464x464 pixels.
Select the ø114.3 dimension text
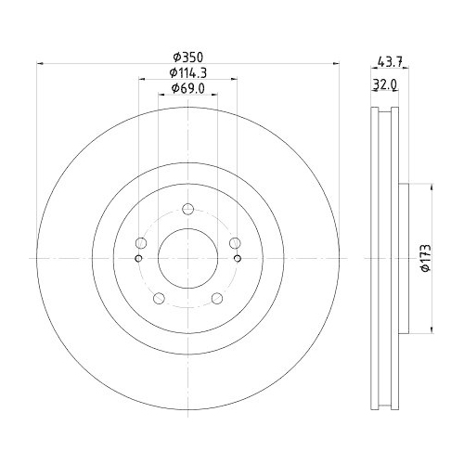(187, 72)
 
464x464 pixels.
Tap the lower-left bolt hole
(158, 298)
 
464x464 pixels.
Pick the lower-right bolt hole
(216, 298)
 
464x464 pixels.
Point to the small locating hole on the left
(139, 258)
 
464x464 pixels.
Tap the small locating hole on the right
(236, 258)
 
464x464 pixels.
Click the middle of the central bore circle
(187, 258)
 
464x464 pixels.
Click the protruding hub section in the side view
(404, 258)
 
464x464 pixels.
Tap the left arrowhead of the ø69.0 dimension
(161, 97)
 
